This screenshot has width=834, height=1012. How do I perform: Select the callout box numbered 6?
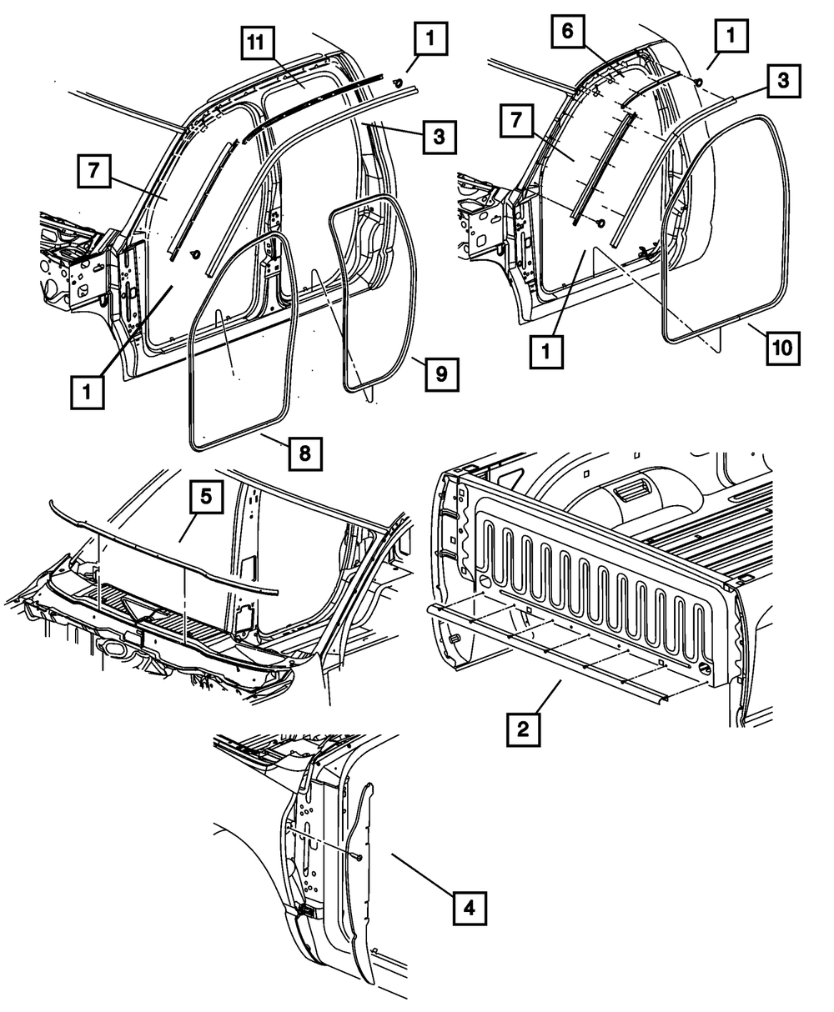point(567,35)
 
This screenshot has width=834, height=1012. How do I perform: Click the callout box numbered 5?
point(205,498)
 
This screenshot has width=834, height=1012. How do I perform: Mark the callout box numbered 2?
point(523,729)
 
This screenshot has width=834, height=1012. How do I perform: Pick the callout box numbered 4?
point(470,908)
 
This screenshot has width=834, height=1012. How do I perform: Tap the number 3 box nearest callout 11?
point(439,137)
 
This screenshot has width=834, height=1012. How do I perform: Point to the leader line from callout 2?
point(546,694)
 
